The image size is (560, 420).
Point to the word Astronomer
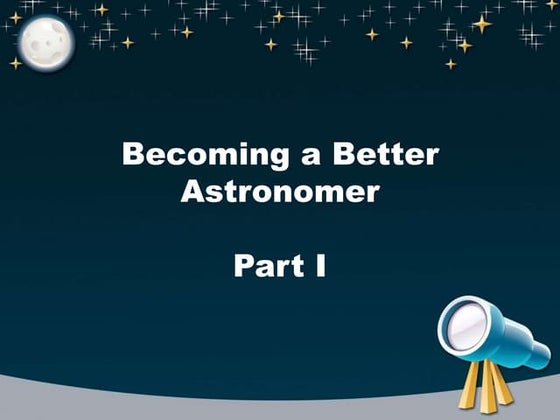click(x=280, y=191)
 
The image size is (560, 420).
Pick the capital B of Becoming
click(x=131, y=155)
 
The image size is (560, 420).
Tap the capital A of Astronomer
click(x=192, y=191)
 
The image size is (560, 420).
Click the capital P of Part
click(x=244, y=266)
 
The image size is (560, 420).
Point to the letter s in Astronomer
click(x=214, y=193)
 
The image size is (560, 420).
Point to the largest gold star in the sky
click(x=481, y=23)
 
